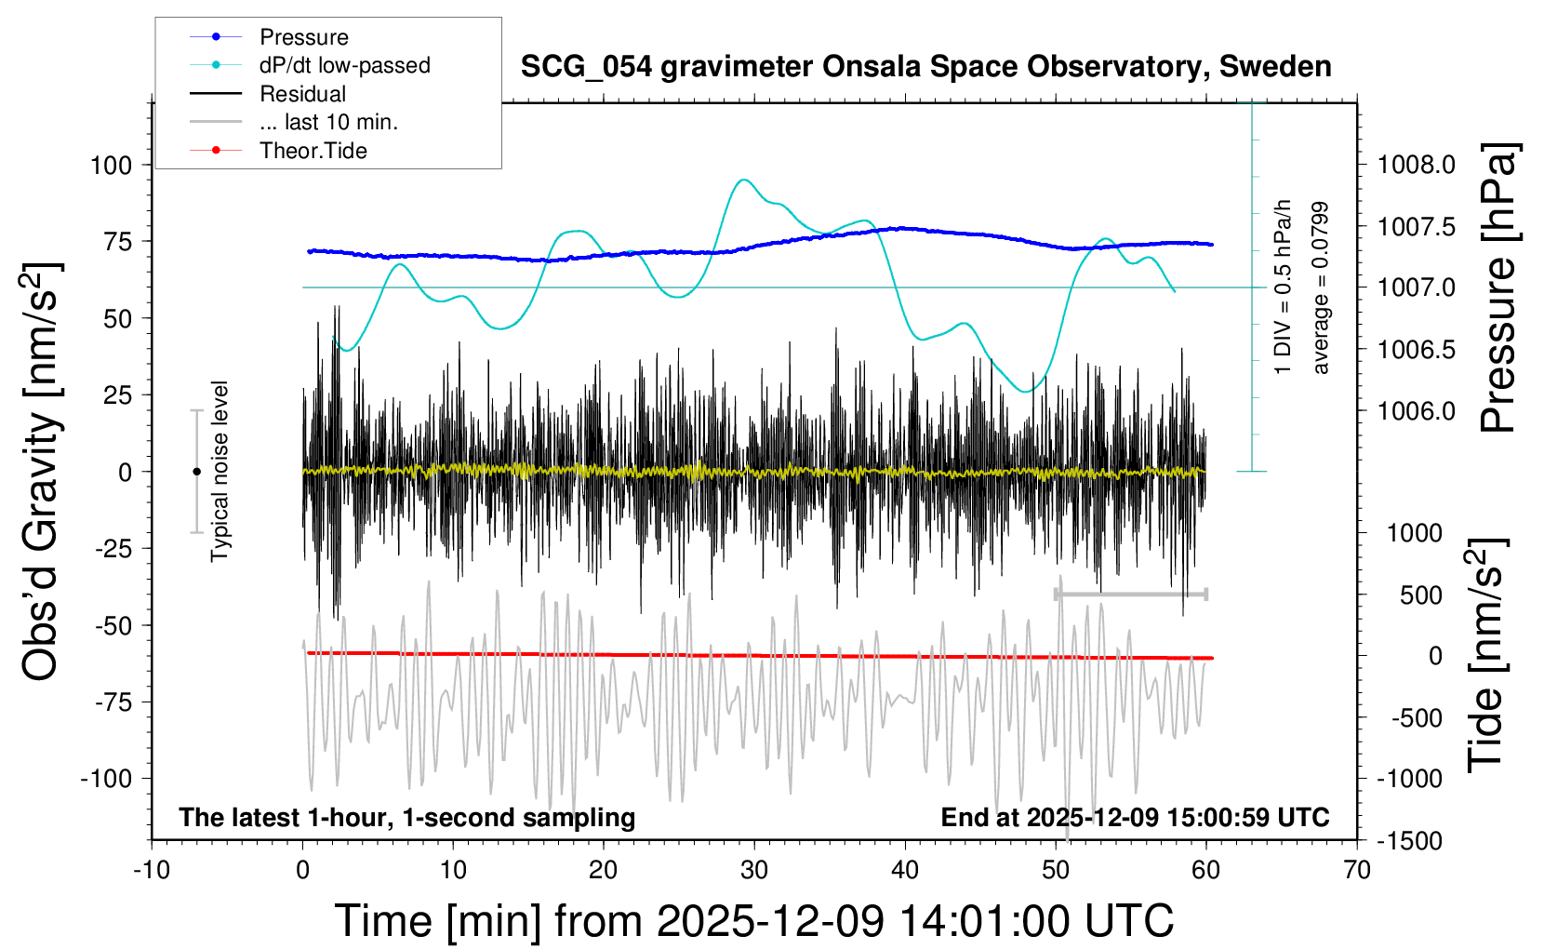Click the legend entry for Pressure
click(x=303, y=37)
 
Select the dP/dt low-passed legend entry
click(x=344, y=65)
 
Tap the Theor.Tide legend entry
click(x=313, y=151)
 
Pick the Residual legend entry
click(x=302, y=94)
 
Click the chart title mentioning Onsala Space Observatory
click(x=925, y=67)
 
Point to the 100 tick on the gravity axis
click(x=112, y=166)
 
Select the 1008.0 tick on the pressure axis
click(x=1416, y=166)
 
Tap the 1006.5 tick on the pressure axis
click(x=1416, y=350)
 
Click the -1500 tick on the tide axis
click(x=1410, y=841)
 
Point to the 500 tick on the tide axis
click(x=1421, y=595)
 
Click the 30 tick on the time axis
click(x=754, y=871)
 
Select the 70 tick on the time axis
click(x=1357, y=871)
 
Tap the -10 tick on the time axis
click(x=152, y=871)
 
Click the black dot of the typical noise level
click(x=196, y=472)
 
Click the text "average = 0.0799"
click(x=1321, y=288)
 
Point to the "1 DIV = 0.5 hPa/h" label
click(x=1284, y=287)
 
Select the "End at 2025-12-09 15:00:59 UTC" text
click(x=1135, y=818)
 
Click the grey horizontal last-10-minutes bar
click(x=1131, y=594)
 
